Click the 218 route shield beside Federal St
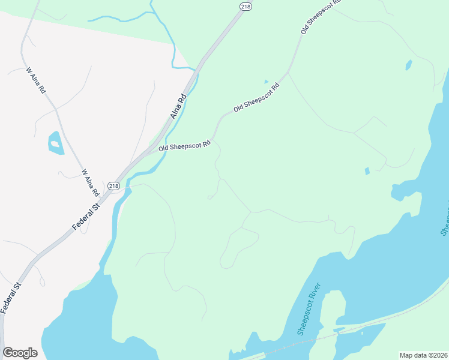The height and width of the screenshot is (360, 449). pos(114,187)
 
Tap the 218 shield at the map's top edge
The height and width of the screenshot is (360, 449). pos(245,6)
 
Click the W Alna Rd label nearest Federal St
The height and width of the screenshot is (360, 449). pos(90,182)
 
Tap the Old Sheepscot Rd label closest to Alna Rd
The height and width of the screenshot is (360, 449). pos(184,145)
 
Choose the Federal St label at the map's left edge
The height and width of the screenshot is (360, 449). pos(10,298)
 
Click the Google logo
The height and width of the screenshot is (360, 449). pos(20,352)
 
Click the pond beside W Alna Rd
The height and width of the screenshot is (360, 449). pos(56,143)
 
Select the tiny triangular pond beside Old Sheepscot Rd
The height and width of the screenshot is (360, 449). pos(266,81)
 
